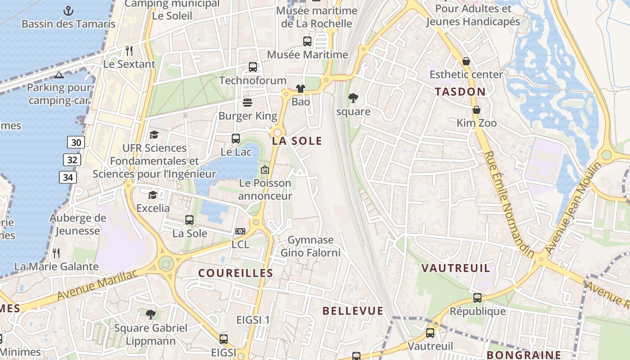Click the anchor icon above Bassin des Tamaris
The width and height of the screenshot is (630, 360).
click(x=68, y=10)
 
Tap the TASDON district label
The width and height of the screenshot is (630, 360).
click(x=460, y=92)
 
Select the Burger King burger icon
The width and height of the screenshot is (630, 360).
click(x=247, y=103)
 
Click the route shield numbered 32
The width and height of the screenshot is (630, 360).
click(x=72, y=160)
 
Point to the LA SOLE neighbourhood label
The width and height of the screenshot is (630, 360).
click(x=297, y=141)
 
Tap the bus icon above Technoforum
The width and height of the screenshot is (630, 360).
click(x=253, y=67)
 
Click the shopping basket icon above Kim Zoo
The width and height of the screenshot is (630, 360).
click(x=477, y=110)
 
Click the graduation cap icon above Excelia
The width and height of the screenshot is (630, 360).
click(x=153, y=195)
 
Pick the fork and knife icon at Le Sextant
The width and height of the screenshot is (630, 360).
click(x=129, y=50)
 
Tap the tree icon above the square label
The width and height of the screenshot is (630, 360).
click(x=353, y=98)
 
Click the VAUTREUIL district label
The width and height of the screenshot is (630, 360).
click(x=455, y=268)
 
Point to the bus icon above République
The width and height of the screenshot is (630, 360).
click(x=477, y=297)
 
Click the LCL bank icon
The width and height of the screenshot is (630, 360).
click(x=240, y=231)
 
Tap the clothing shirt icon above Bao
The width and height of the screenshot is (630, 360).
click(x=301, y=89)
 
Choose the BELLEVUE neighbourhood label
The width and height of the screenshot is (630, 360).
click(x=353, y=310)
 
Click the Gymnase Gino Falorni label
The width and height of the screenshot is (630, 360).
click(x=310, y=246)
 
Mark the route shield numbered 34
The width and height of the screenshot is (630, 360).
click(x=67, y=177)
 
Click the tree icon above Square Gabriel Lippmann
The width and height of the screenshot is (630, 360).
click(x=151, y=314)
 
